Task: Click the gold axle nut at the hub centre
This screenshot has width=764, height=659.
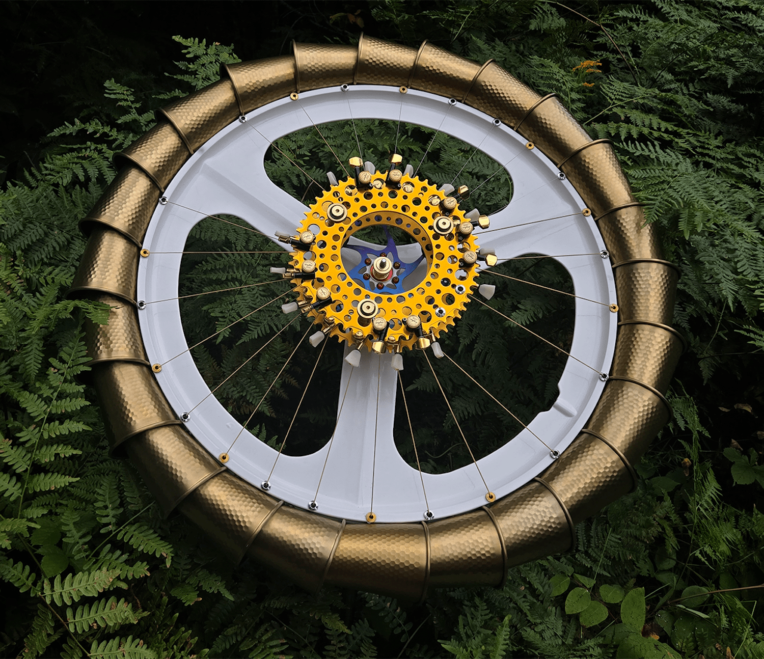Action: pos(379,266)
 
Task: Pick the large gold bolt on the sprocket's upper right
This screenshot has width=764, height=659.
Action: pos(443,224)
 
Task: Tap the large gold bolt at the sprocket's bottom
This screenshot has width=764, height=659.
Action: pos(367,307)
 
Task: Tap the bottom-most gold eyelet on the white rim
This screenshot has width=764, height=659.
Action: pos(371,518)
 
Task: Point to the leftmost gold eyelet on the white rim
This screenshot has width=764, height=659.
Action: pos(144,252)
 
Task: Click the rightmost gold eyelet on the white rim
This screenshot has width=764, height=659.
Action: pos(614,307)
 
